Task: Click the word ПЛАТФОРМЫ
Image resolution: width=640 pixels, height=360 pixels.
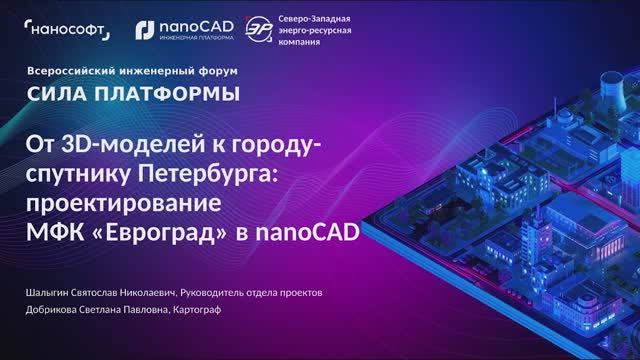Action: [167, 96]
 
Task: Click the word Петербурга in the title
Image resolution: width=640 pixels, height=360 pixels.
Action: [210, 177]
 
